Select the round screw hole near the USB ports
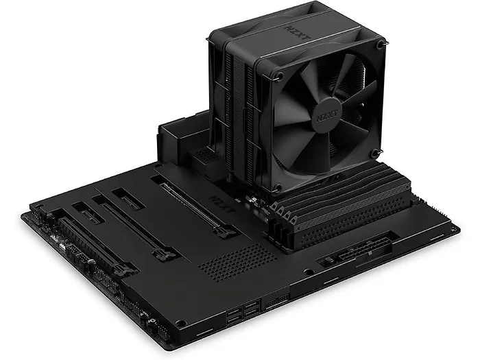pos(197,301)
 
